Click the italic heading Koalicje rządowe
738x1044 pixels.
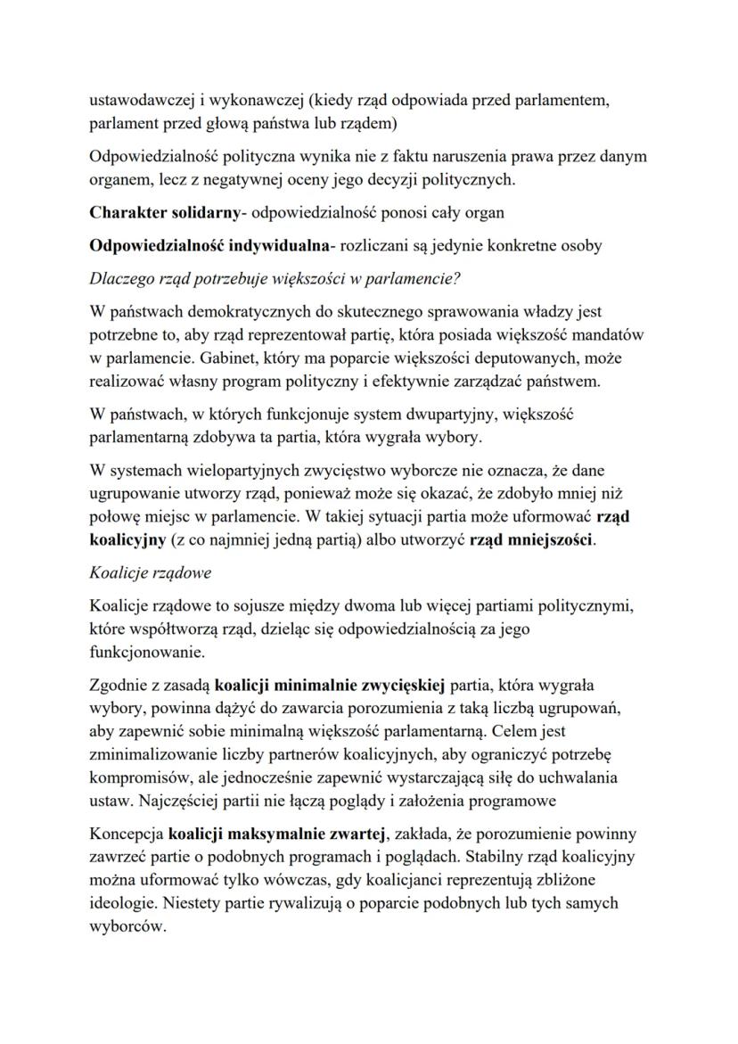(144, 574)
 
